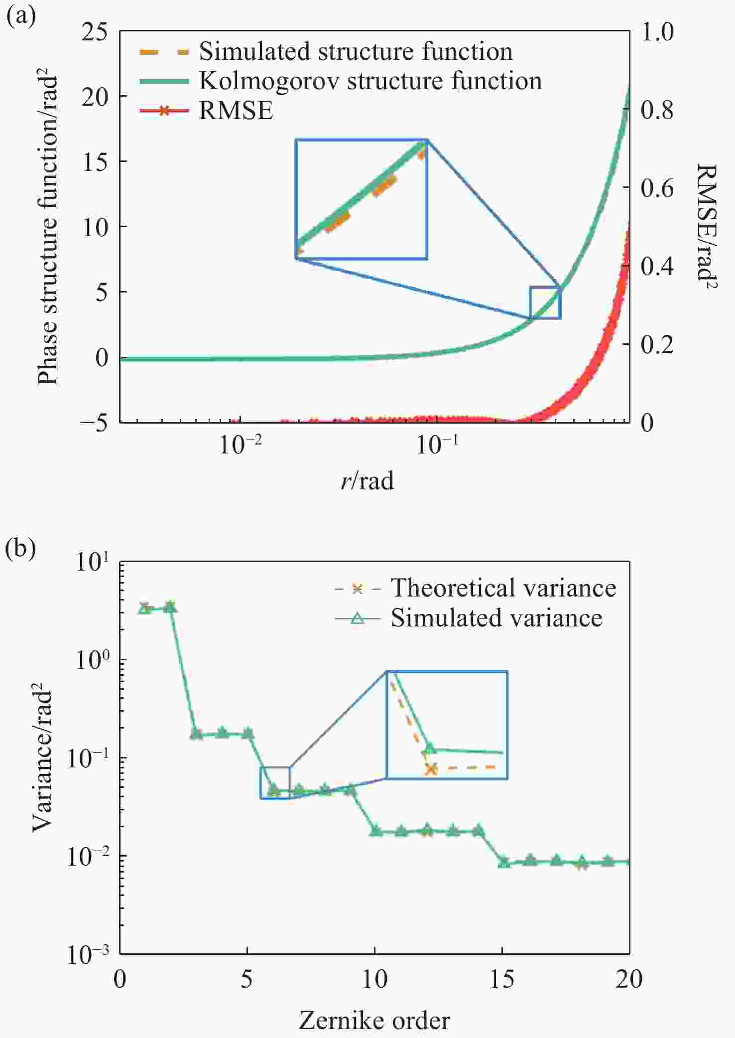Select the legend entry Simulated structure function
(355, 51)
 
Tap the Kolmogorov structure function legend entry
(370, 81)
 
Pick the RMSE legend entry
(236, 110)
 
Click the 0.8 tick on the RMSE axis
(657, 110)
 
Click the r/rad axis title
(367, 481)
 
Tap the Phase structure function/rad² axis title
(48, 230)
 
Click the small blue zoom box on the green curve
(545, 302)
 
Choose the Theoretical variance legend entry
(503, 588)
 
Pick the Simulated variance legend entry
(496, 618)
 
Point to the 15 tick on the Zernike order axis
(502, 979)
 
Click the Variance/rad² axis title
(43, 758)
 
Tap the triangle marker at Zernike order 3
(196, 734)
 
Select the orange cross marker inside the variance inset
(431, 769)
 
